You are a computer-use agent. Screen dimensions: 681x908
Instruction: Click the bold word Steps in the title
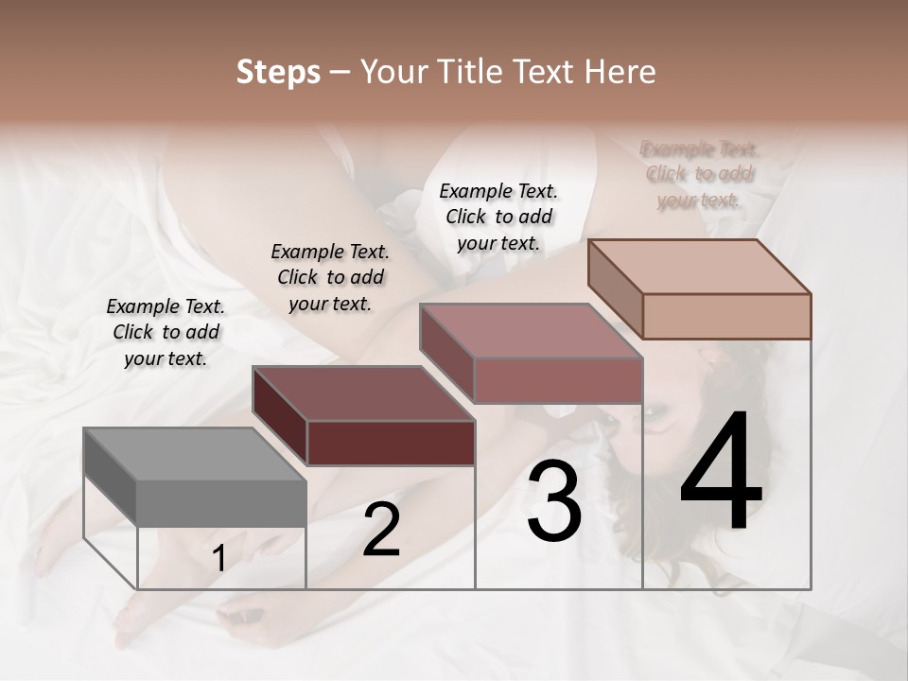tap(278, 72)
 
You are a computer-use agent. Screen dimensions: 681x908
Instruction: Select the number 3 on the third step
tap(553, 501)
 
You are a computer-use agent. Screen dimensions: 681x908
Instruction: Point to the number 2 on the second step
tap(381, 530)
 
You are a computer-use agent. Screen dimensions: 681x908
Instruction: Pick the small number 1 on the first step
tap(218, 559)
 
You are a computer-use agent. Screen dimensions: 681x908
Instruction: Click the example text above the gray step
tap(166, 332)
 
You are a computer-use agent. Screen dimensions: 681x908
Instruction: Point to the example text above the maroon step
tap(330, 277)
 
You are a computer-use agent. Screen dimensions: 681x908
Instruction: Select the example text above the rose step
tap(498, 217)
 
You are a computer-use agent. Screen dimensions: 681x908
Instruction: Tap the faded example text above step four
tap(700, 174)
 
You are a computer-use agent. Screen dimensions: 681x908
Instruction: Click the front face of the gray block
tap(221, 502)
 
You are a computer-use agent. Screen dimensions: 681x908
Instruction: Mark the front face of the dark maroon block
tap(391, 443)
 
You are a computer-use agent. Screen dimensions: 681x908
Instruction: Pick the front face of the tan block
tap(726, 316)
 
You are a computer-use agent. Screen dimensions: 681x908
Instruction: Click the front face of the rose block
tap(558, 381)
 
